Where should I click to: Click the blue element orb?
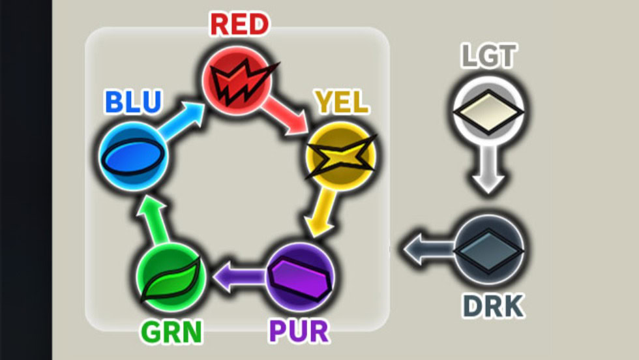[x=134, y=157]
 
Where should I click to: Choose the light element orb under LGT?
[x=488, y=111]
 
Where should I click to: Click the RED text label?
[x=239, y=25]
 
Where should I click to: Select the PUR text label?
[x=299, y=331]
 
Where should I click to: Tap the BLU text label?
[x=132, y=103]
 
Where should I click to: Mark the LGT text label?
[x=488, y=56]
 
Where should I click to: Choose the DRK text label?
[x=493, y=305]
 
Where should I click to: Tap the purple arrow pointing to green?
[x=238, y=277]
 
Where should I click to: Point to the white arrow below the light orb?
[x=488, y=171]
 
